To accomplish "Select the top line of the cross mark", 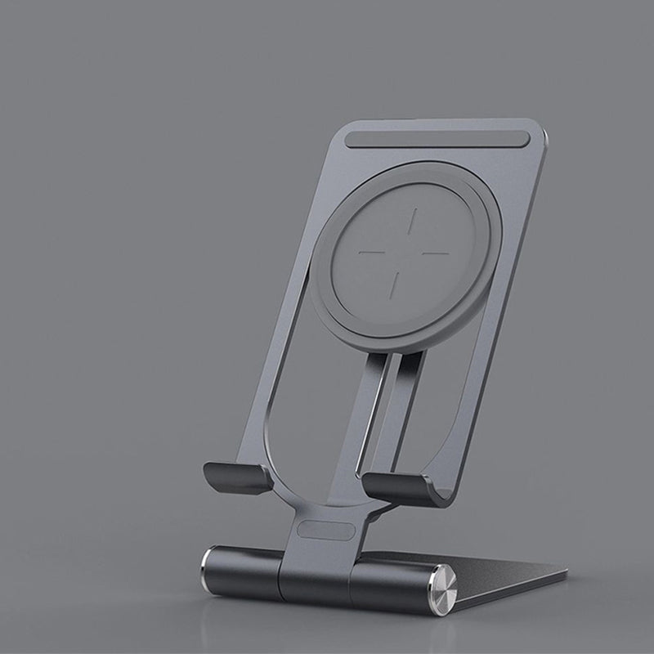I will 414,221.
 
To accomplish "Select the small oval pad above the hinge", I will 326,531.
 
